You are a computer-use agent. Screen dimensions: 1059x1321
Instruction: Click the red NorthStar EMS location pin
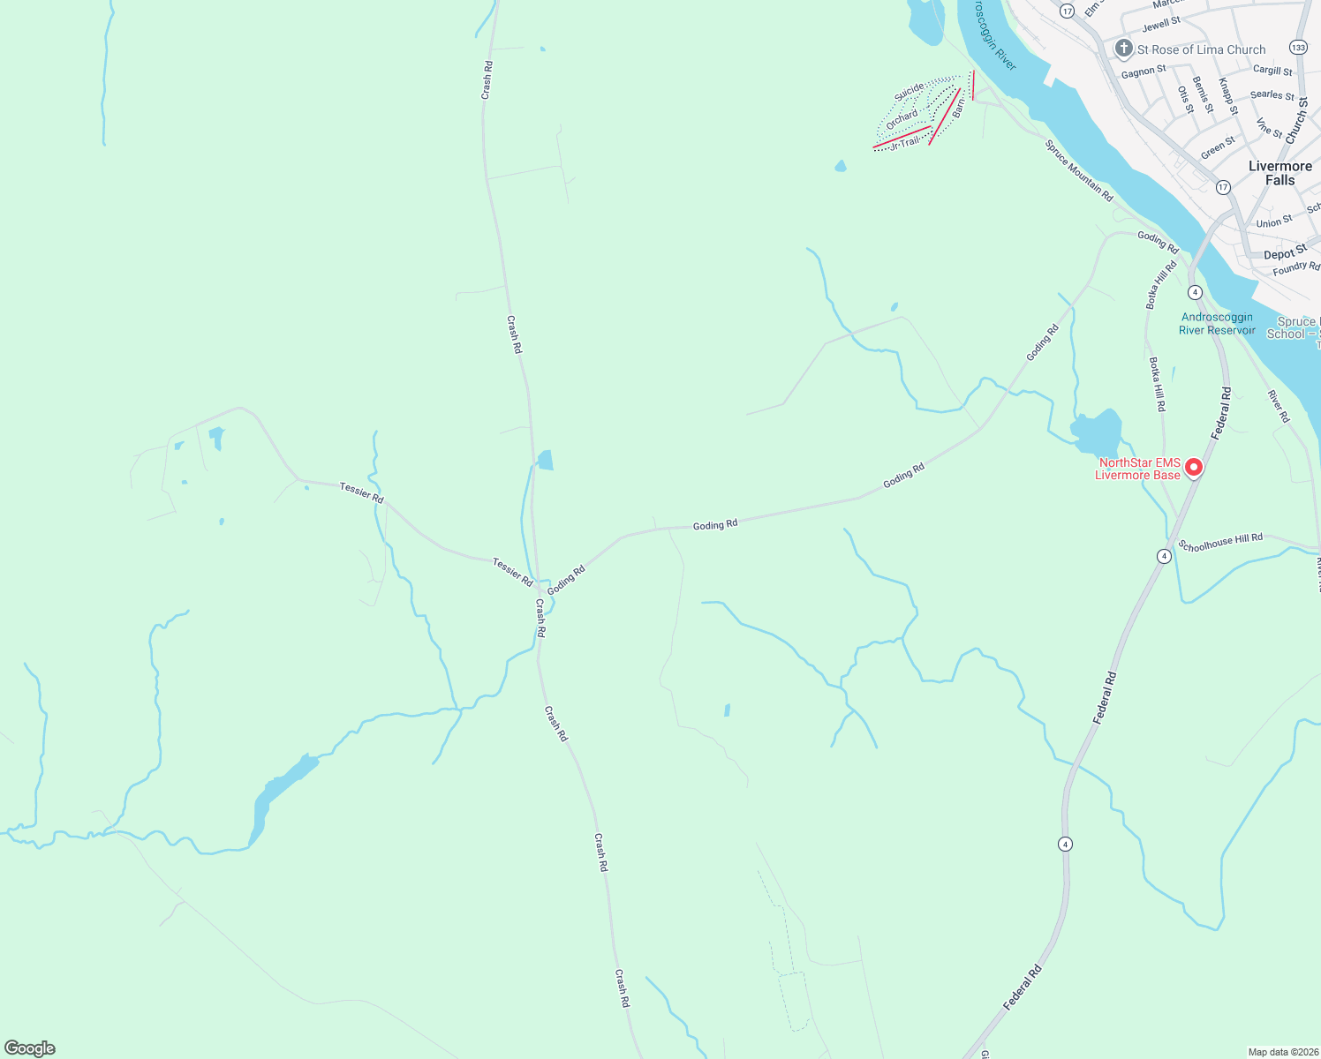coord(1194,467)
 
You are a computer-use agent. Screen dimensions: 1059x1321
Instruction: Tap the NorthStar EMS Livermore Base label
coord(1138,469)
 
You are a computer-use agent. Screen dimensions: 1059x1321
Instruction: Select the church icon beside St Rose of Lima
coord(1124,49)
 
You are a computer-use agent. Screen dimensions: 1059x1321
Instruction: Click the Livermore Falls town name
coord(1279,173)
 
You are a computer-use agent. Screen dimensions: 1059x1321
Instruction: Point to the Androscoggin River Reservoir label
coord(1217,324)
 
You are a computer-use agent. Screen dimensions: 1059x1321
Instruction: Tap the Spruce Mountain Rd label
coord(1079,171)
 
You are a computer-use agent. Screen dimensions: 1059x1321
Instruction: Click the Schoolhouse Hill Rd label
coord(1220,542)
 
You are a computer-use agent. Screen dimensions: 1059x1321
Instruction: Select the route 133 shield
coord(1298,47)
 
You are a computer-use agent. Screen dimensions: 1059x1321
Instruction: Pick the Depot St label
coord(1285,253)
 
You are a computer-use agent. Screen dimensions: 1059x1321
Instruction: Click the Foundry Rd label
coord(1296,267)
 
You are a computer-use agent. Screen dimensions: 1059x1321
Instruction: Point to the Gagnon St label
coord(1144,71)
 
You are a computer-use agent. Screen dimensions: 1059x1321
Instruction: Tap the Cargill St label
coord(1272,70)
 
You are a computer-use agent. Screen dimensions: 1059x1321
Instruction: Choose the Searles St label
coord(1272,94)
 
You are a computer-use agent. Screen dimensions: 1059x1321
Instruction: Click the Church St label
coord(1297,122)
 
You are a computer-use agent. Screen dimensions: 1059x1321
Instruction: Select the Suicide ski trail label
coord(909,91)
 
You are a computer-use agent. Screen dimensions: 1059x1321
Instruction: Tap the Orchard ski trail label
coord(902,119)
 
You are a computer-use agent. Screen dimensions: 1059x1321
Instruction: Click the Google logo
coord(29,1048)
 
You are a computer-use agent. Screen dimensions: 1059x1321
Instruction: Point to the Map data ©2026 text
coord(1282,1052)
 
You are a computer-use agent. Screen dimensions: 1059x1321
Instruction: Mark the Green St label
coord(1218,148)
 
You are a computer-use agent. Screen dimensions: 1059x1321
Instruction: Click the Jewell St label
coord(1161,25)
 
